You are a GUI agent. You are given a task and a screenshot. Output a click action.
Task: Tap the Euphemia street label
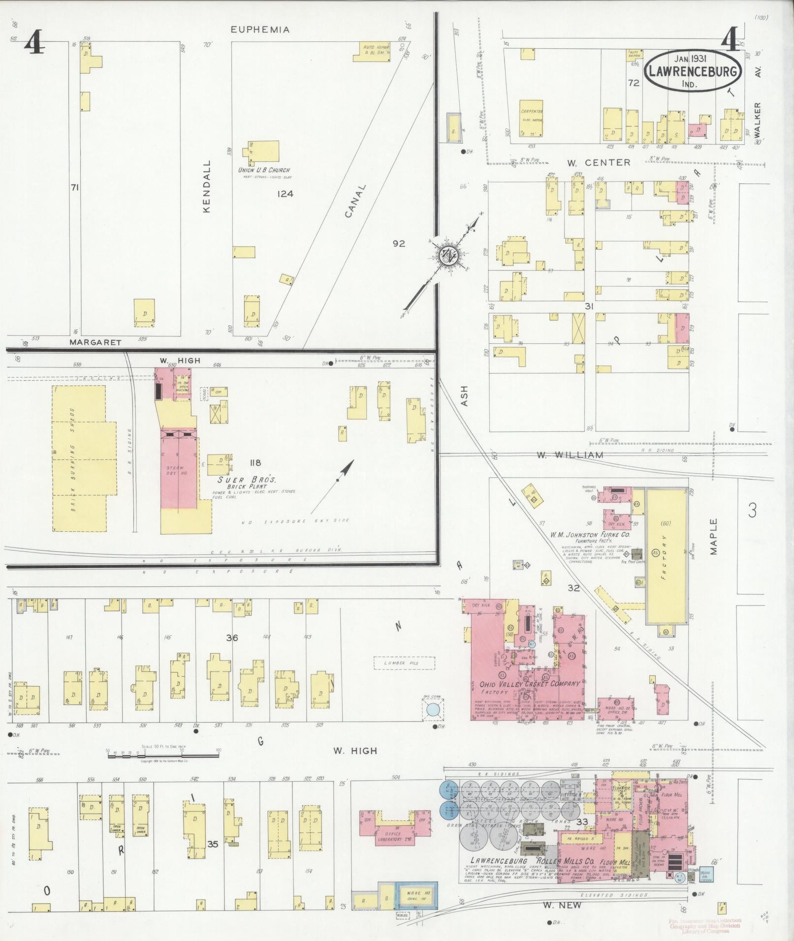[x=260, y=30]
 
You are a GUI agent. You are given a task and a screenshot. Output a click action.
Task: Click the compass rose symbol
[x=449, y=254]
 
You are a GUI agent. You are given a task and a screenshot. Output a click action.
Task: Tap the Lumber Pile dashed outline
[x=404, y=663]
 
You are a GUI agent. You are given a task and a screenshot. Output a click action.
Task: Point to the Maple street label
[x=714, y=537]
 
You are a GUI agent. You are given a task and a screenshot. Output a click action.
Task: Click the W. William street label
[x=570, y=455]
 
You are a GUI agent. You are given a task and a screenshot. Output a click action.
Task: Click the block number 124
[x=285, y=194]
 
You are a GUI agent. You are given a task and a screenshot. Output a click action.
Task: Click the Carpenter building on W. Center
[x=532, y=119]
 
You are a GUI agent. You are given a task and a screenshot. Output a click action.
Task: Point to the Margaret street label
[x=95, y=342]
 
